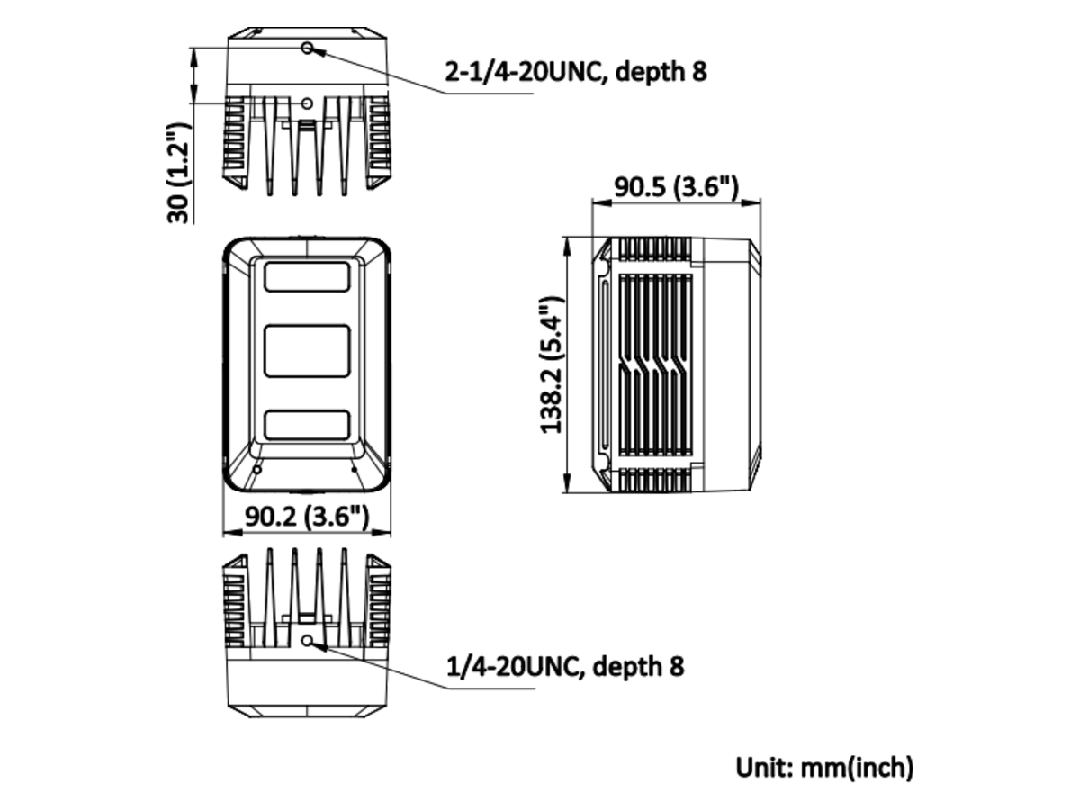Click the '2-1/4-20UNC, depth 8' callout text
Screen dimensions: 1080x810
coord(576,72)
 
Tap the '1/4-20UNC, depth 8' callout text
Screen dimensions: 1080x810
coord(565,666)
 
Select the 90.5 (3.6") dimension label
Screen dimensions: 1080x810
coord(677,187)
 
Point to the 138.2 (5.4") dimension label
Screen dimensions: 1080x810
coord(551,364)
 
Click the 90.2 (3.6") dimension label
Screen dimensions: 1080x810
coord(307,516)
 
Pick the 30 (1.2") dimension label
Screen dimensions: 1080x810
coord(178,173)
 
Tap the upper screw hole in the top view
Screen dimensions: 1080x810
coord(308,49)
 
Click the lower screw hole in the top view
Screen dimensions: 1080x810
coord(308,103)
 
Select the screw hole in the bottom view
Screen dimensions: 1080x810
coord(308,640)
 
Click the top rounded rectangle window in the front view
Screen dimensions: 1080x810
coord(307,276)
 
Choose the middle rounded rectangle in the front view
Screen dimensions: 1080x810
coord(307,351)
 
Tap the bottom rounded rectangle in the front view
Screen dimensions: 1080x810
coord(307,425)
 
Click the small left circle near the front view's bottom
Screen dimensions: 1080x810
coord(257,470)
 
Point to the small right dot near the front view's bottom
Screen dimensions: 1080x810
coord(355,469)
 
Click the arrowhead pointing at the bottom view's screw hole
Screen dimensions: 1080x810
coord(319,646)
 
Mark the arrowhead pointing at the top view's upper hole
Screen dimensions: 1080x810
coord(319,51)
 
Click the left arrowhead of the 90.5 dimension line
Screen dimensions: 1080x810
coord(602,202)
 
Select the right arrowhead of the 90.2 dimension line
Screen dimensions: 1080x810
coord(381,533)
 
